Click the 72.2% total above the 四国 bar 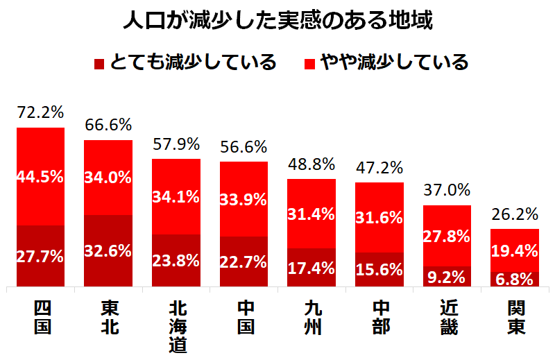coord(40,113)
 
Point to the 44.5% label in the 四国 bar coord(40,177)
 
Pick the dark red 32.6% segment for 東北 coord(108,251)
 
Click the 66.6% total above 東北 coord(108,126)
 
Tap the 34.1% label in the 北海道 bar coord(176,196)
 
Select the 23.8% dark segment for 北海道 coord(176,261)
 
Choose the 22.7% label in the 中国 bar coord(244,262)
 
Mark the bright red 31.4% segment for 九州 coord(311,214)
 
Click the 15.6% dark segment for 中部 coord(379,270)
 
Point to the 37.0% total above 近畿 coord(447,190)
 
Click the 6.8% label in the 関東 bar coord(515,279)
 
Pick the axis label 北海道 coord(176,326)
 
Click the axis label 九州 coord(311,317)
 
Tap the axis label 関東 coord(515,317)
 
